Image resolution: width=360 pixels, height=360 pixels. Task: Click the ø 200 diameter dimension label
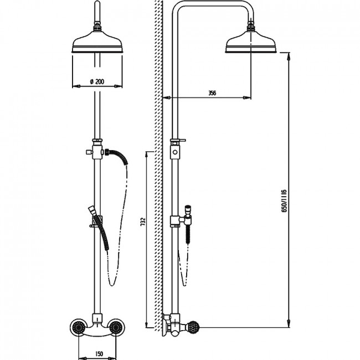click(x=97, y=81)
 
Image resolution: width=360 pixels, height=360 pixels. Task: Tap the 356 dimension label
click(x=212, y=93)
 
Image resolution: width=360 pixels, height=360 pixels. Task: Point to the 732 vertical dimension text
click(x=143, y=222)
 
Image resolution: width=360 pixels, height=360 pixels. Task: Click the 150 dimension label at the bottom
click(x=99, y=353)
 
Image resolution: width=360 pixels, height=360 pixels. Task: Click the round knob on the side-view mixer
click(x=193, y=327)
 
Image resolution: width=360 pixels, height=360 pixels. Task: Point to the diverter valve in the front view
click(x=97, y=149)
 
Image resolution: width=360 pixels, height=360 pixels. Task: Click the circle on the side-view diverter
click(x=175, y=152)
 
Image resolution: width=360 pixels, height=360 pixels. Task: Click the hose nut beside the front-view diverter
click(x=107, y=152)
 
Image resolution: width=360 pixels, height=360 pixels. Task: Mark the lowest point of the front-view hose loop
click(x=111, y=286)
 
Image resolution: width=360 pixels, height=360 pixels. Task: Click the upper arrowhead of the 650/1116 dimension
click(x=289, y=56)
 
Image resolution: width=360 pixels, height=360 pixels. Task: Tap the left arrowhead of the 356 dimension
click(x=167, y=98)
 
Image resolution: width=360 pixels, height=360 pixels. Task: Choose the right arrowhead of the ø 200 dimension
click(x=118, y=86)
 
